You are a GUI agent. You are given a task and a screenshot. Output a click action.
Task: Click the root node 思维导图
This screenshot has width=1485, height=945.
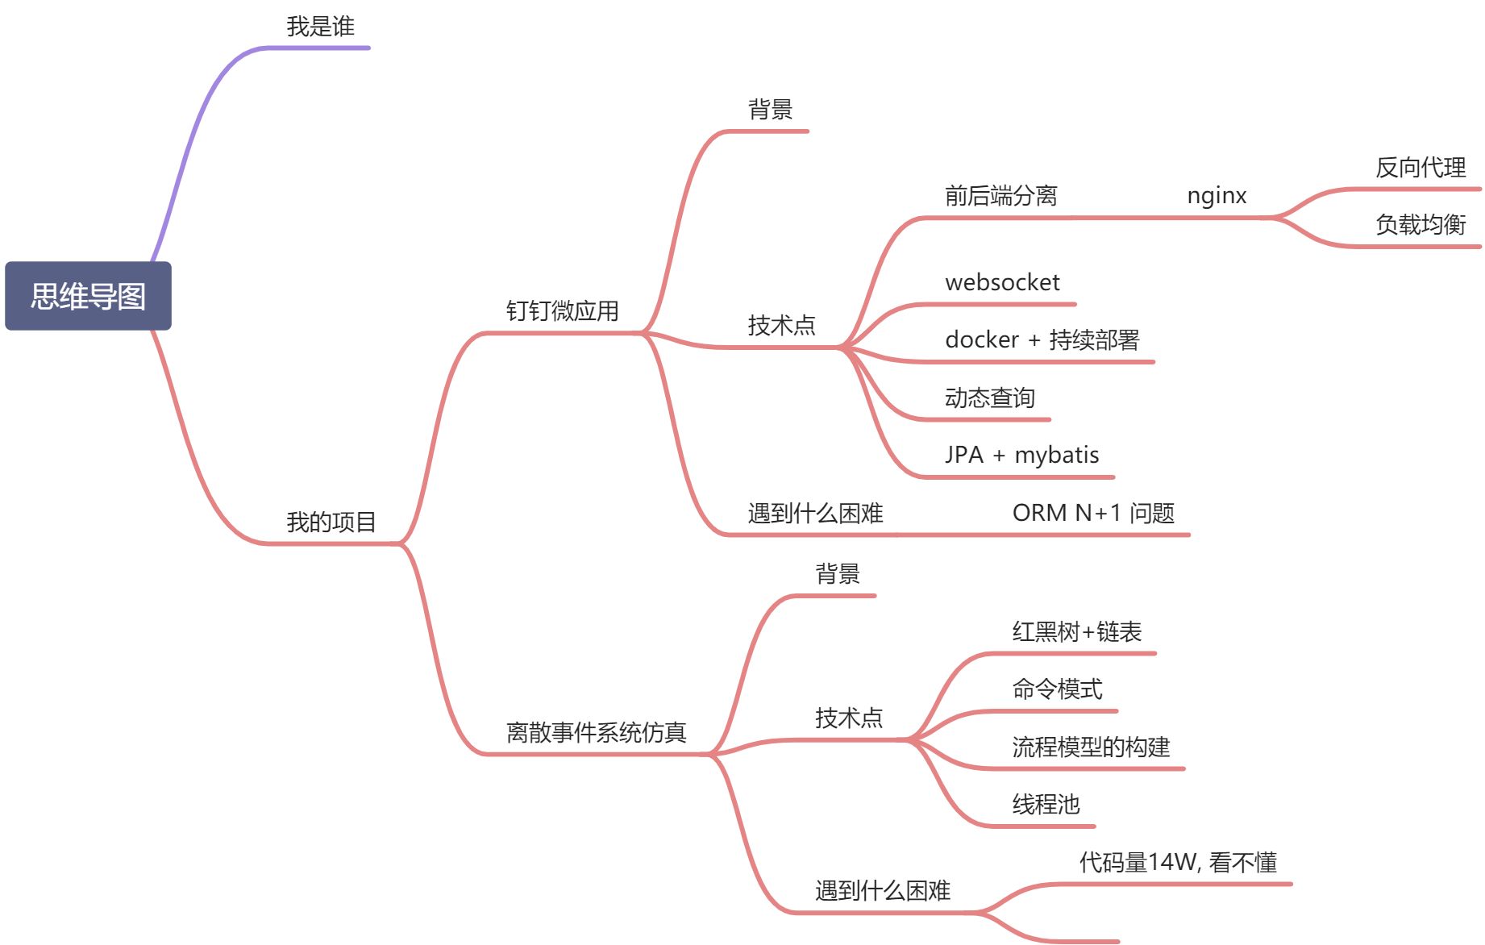[x=88, y=296]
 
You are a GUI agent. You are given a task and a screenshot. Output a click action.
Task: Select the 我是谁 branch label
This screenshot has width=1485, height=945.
[x=320, y=27]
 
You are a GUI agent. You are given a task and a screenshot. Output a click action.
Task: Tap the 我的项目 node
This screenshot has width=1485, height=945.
[x=331, y=522]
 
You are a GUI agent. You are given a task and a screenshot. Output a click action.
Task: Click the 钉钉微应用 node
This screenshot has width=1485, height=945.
[x=562, y=310]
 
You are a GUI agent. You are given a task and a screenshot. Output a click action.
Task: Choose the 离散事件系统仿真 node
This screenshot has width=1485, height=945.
[x=596, y=732]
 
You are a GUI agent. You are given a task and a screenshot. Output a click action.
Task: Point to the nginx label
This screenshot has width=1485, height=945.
[x=1217, y=196]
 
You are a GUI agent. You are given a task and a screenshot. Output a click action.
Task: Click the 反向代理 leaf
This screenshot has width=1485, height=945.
[x=1421, y=168]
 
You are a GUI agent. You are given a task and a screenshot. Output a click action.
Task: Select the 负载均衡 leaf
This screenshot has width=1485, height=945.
[x=1421, y=224]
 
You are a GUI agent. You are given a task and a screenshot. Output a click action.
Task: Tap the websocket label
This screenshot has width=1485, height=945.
[x=1002, y=282]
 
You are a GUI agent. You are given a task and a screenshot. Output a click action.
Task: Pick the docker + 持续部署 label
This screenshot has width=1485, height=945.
[x=1042, y=339]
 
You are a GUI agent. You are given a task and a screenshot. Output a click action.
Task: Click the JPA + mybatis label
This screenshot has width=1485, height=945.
[x=1021, y=455]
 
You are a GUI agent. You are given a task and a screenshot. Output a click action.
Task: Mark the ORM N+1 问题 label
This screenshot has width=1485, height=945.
[x=1093, y=513]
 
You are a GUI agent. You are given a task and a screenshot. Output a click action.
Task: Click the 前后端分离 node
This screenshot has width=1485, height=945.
[x=1000, y=196]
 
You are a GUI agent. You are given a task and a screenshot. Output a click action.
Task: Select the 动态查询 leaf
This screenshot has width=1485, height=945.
[x=989, y=398]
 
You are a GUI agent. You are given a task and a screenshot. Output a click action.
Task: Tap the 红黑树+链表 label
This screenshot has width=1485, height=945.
[x=1076, y=631]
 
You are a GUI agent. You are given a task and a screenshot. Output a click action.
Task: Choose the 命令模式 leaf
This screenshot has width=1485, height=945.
[x=1057, y=689]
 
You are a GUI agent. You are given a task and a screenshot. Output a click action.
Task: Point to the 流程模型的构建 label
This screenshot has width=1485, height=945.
[x=1091, y=747]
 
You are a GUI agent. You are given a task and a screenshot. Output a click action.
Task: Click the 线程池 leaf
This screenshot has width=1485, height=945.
[x=1046, y=804]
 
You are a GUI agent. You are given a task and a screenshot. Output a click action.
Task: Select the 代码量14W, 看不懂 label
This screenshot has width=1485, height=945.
[x=1178, y=862]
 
